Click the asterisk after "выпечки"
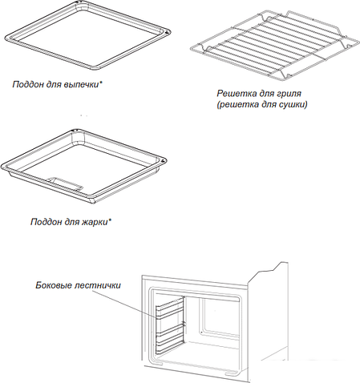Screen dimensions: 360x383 [100, 83]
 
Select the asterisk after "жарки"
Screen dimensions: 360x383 [109, 220]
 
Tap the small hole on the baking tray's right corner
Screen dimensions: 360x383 [168, 31]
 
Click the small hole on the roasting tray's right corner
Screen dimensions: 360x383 [162, 161]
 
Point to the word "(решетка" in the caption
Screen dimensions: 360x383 [234, 104]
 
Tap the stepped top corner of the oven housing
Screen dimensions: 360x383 [279, 265]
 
